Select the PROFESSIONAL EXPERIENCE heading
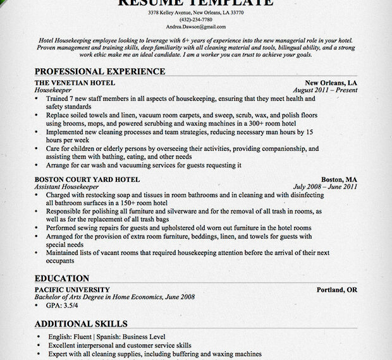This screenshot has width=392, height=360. tap(99, 71)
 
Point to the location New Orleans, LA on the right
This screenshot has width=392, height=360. tap(331, 83)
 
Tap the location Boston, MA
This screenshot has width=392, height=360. tap(339, 179)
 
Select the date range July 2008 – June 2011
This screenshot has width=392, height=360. tap(325, 187)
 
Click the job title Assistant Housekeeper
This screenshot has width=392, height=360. tap(68, 187)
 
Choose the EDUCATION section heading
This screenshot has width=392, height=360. tap(62, 278)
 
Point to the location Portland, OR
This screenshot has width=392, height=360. tap(337, 289)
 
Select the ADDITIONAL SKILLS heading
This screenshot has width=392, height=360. tap(80, 323)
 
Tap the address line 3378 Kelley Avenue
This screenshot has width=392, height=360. tap(195, 13)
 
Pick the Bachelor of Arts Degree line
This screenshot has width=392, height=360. tap(114, 297)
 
